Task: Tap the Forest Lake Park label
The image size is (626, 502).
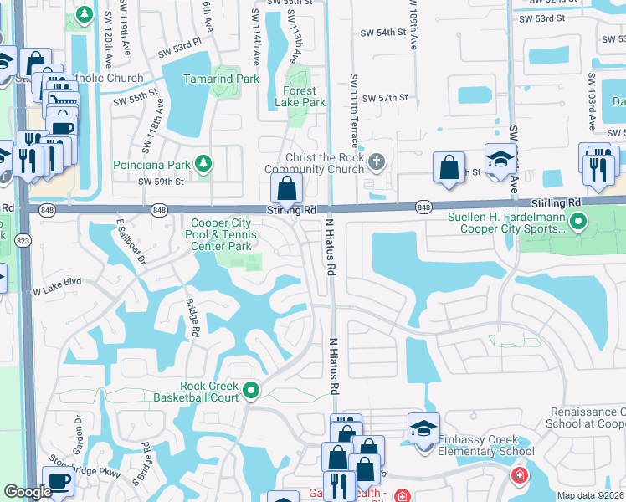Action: tap(300, 96)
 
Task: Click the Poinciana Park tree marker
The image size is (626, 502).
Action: tap(203, 161)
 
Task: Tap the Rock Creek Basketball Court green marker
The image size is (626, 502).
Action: tap(250, 390)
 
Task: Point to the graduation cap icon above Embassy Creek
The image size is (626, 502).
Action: tap(424, 428)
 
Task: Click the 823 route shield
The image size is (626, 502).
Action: tap(23, 240)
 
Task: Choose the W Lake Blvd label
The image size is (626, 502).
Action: tap(57, 288)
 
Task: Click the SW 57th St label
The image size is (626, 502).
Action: tap(391, 98)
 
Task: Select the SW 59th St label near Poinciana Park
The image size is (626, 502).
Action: tap(160, 181)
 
